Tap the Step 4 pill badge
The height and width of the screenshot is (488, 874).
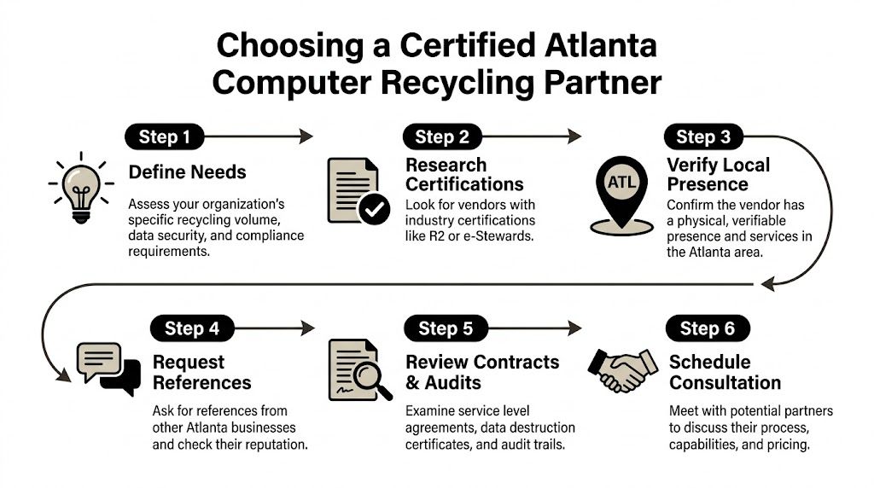(192, 328)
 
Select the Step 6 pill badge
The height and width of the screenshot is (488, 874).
(708, 328)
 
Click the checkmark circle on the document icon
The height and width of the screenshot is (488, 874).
(372, 208)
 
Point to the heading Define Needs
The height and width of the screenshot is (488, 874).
(187, 172)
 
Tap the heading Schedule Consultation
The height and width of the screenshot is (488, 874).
(725, 372)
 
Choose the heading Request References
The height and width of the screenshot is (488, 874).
(201, 372)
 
